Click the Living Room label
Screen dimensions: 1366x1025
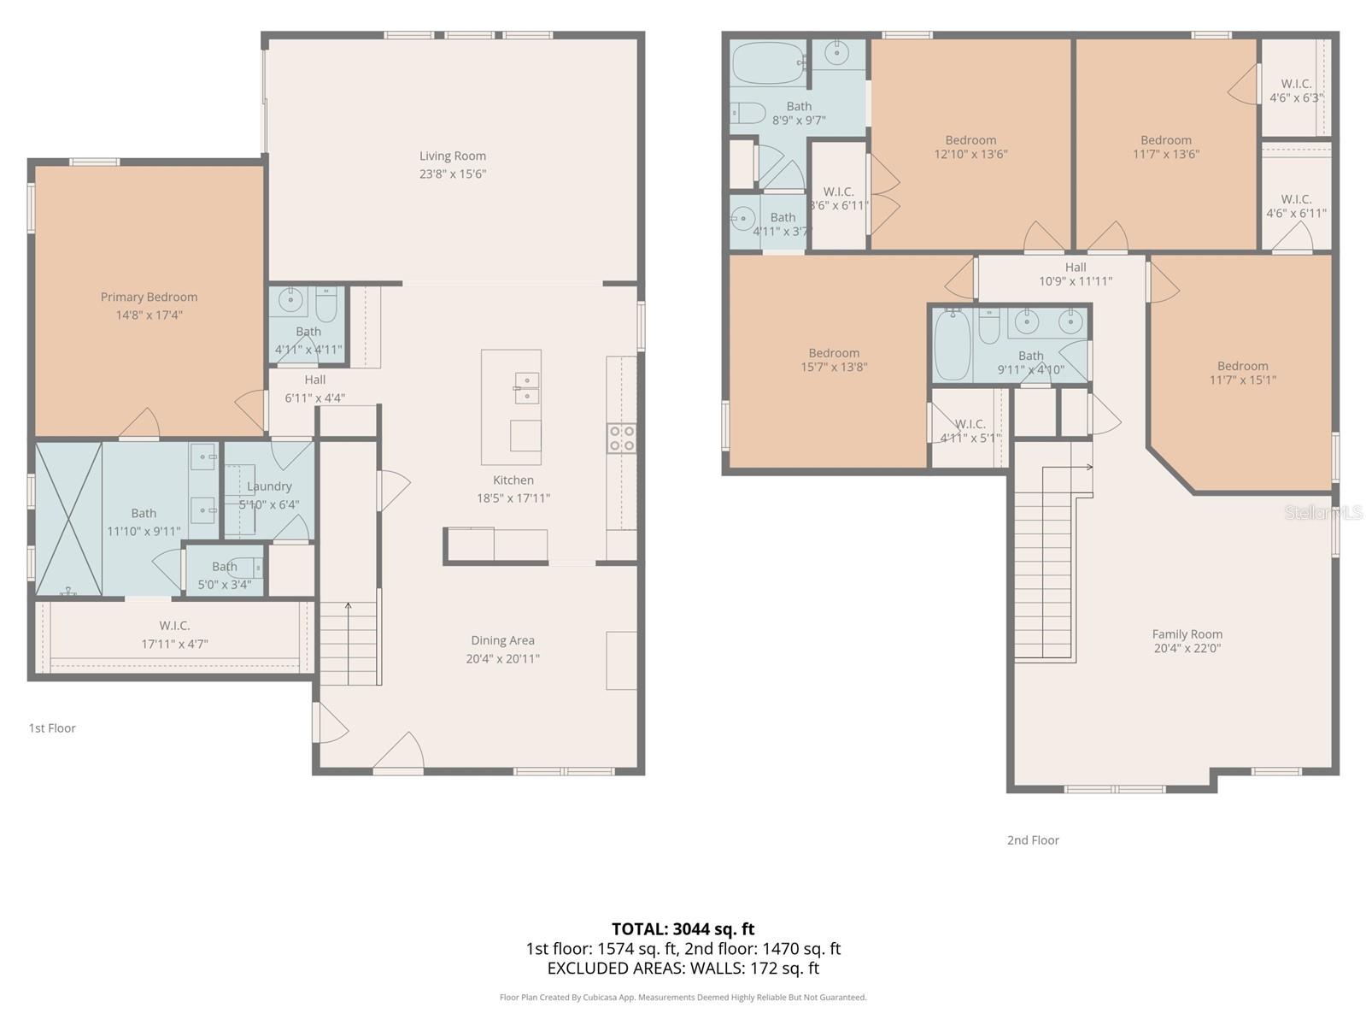pos(453,156)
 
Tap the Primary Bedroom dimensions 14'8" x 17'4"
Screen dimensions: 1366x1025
pos(149,315)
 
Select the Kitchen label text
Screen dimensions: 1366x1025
pos(513,480)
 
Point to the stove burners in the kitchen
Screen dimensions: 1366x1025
pos(622,438)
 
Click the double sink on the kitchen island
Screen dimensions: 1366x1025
pos(527,388)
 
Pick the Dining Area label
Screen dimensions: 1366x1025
pos(502,640)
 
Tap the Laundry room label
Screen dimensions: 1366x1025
pos(269,486)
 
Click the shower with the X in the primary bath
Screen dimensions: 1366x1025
pos(68,519)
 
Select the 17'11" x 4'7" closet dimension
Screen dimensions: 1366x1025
pos(175,644)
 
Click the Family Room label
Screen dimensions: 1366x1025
pos(1187,634)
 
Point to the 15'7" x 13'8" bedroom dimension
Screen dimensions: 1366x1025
pos(834,367)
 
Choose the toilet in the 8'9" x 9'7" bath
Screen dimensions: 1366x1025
pos(747,114)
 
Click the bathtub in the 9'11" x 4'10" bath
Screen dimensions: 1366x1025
pos(953,346)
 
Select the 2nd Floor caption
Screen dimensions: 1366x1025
pos(1033,840)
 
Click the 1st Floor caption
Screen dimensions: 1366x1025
pos(52,728)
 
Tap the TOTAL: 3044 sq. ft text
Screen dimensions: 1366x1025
pos(683,929)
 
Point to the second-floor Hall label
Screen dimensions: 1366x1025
pos(1076,267)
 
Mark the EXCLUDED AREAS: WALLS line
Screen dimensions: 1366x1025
pos(683,969)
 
